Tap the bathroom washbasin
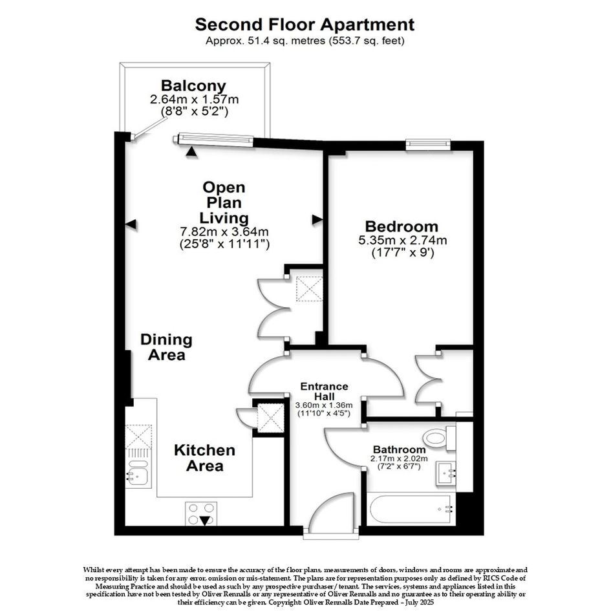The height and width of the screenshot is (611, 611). tap(446, 473)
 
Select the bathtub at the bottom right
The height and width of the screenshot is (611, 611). tap(411, 509)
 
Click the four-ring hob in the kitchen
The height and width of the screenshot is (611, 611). tap(201, 513)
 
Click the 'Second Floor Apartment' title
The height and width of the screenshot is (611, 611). tap(305, 25)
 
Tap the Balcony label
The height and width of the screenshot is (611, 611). tap(194, 85)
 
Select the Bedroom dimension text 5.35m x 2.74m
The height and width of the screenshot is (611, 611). tap(403, 240)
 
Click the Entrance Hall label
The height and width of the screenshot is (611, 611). tap(324, 391)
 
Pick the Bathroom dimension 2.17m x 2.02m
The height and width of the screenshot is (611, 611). tap(399, 458)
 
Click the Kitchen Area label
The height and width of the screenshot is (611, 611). tap(204, 458)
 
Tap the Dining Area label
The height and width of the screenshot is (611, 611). tap(166, 347)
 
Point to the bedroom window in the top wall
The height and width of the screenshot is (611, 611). tap(428, 144)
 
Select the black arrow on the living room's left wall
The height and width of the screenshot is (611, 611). tap(131, 224)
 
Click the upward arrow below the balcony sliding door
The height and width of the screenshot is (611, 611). tap(191, 152)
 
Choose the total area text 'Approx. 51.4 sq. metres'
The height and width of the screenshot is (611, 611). tap(265, 41)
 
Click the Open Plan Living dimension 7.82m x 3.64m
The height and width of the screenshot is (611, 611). tap(224, 232)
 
